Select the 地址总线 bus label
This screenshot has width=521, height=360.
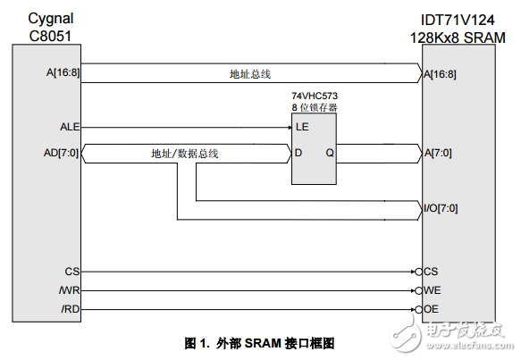250,75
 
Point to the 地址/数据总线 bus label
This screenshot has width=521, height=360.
185,154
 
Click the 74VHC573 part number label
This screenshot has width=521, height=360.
315,96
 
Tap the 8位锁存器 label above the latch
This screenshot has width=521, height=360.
315,107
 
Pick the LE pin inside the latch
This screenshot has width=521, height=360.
302,127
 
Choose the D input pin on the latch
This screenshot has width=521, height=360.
299,153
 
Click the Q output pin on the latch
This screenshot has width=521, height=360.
329,153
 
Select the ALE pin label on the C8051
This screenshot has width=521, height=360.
69,127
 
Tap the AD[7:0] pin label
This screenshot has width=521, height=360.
62,153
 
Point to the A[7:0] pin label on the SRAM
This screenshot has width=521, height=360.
439,153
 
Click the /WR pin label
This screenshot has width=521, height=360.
71,289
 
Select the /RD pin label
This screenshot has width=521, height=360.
71,309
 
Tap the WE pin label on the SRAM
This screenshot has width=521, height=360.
432,289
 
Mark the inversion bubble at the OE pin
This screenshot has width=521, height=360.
418,309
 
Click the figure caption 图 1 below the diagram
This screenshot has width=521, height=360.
259,343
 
